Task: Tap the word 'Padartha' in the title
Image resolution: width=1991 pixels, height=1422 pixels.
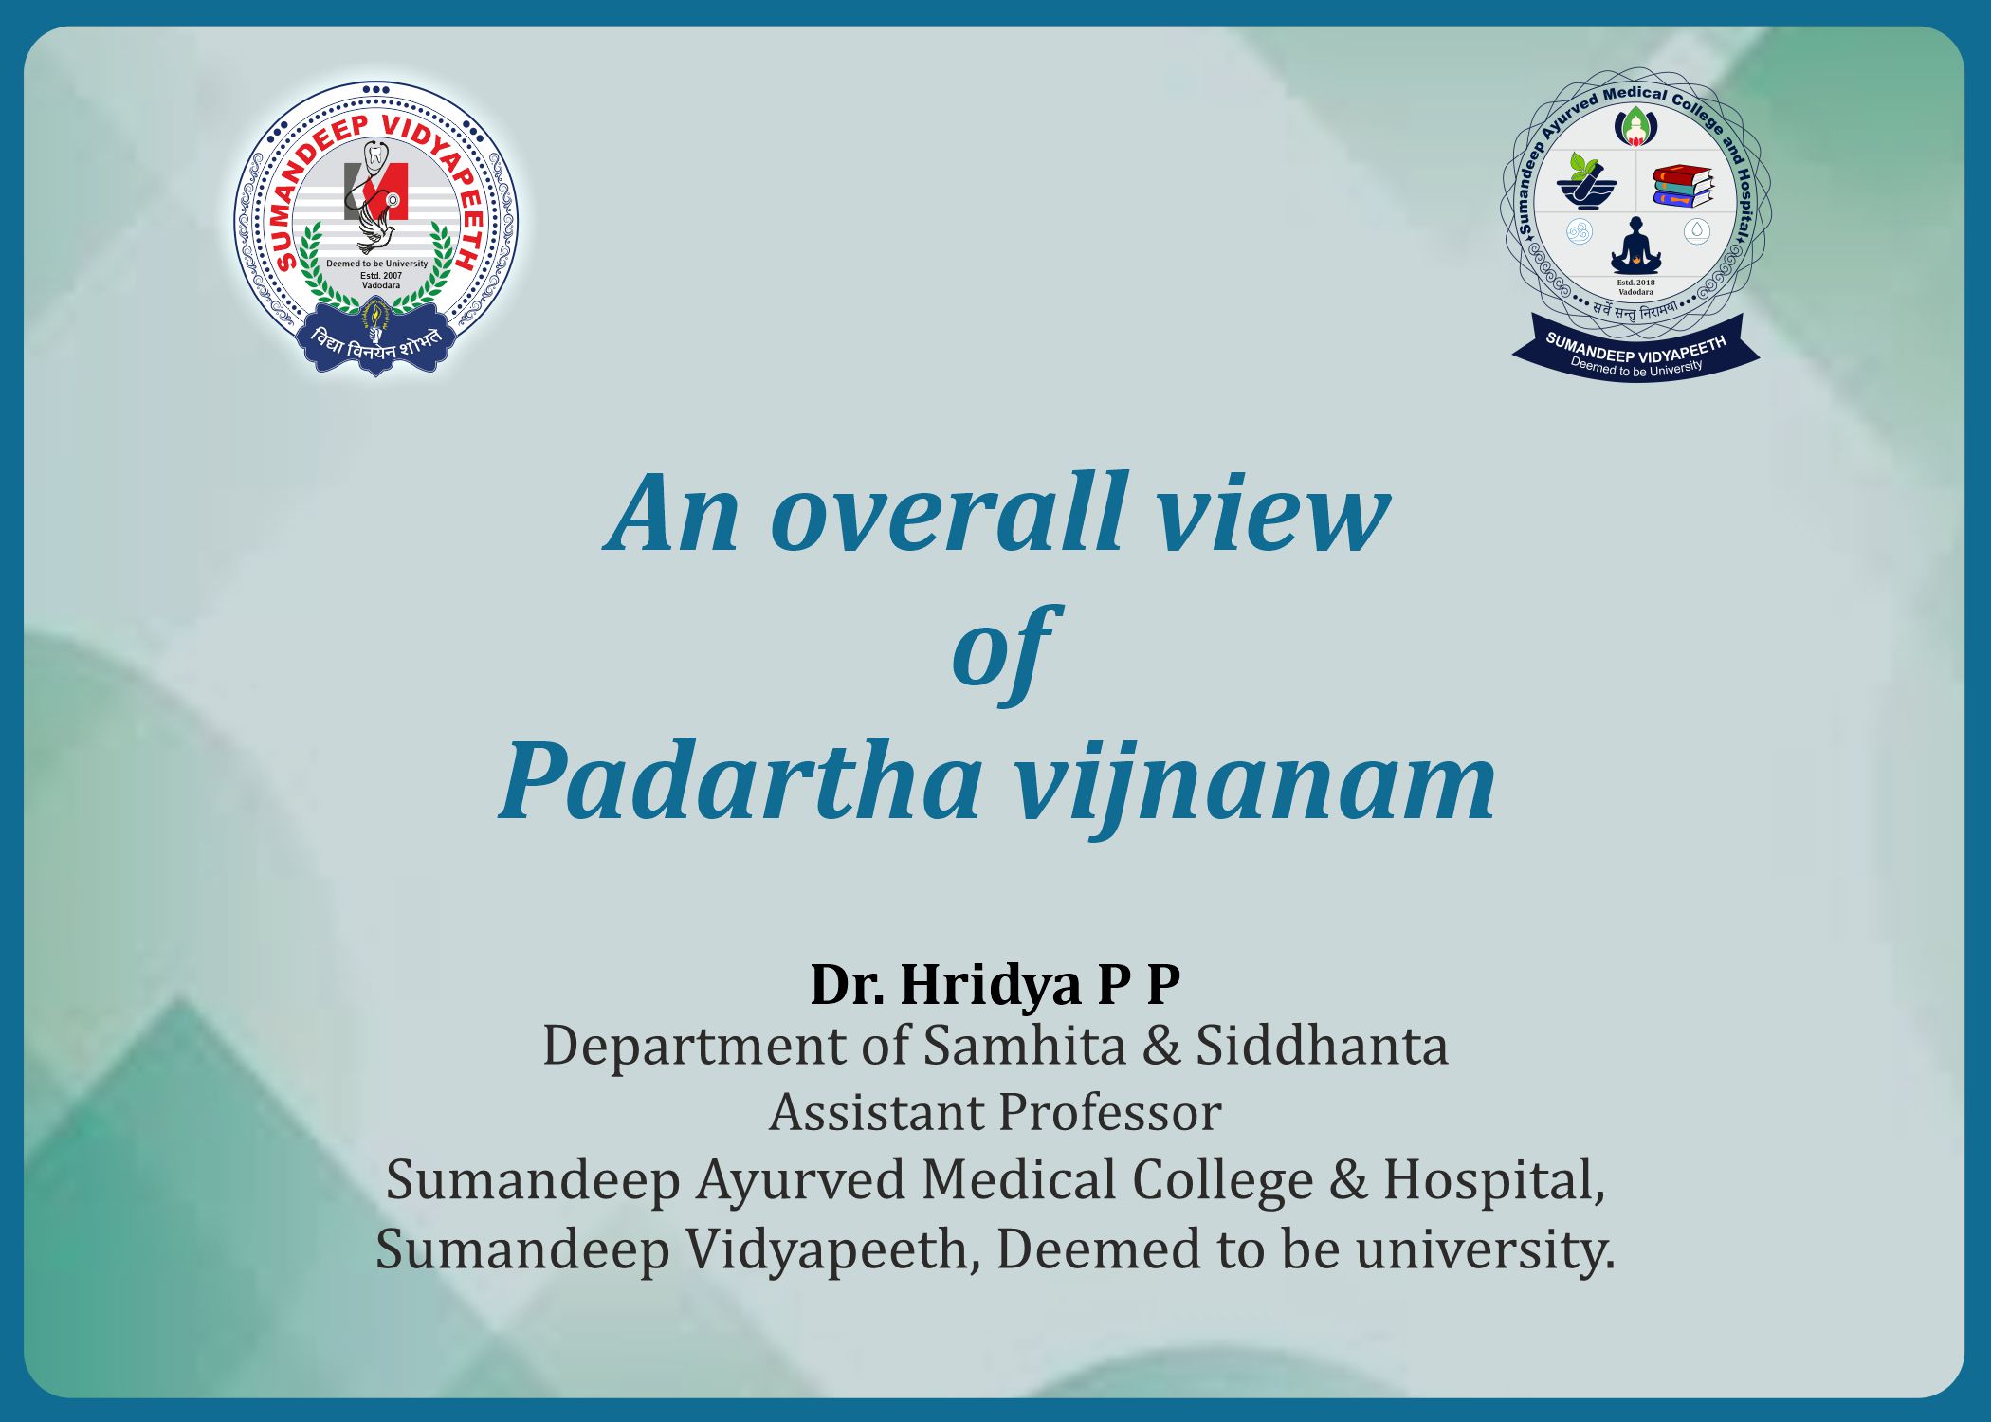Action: pos(740,782)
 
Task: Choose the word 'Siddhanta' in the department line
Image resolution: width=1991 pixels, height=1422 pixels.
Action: pos(1322,1046)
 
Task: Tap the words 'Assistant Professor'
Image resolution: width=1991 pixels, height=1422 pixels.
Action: pos(995,1113)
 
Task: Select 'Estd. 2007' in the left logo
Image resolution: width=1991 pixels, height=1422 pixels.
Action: pos(381,276)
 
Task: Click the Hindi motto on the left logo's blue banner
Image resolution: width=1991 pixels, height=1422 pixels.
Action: pos(376,343)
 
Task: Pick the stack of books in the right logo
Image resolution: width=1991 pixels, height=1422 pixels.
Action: pos(1683,187)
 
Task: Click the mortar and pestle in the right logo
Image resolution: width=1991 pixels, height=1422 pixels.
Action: pos(1585,183)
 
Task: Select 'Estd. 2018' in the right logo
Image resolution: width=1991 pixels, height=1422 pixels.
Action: pos(1636,283)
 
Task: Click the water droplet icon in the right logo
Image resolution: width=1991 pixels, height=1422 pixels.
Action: pos(1697,231)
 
